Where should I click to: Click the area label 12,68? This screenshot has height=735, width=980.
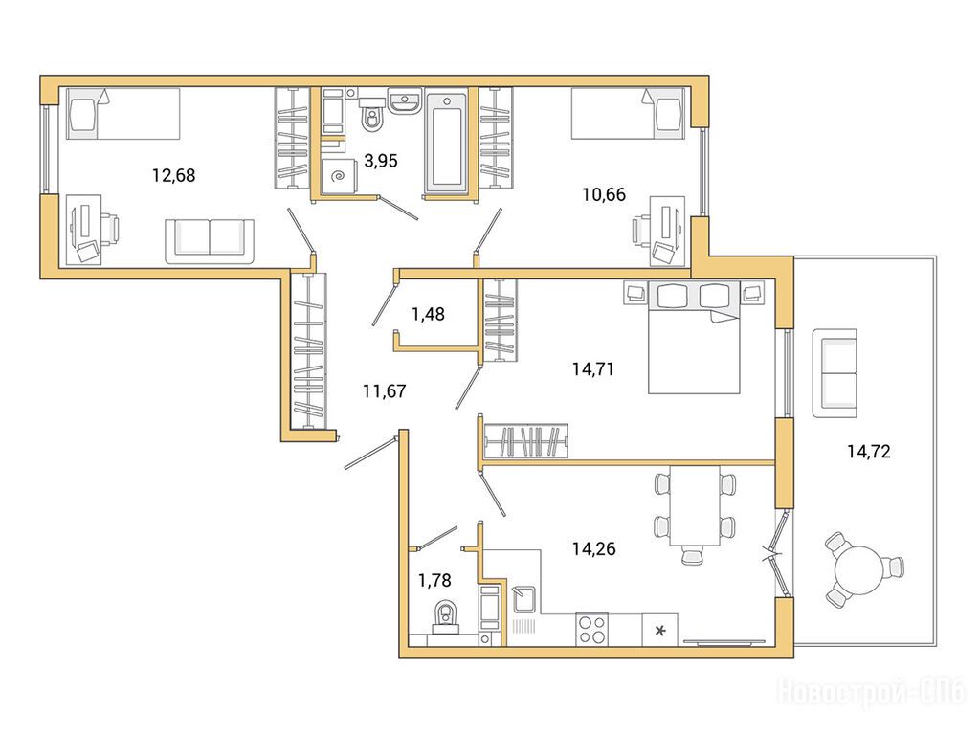point(174,176)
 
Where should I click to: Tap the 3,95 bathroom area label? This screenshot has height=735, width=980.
point(381,161)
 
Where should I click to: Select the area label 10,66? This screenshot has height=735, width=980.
point(604,195)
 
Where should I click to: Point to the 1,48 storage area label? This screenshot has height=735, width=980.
point(428,314)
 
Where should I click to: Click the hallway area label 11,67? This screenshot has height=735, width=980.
point(385,391)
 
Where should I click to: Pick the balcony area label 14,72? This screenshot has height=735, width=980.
point(869,452)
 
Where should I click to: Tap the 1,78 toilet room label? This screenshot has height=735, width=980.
point(434,581)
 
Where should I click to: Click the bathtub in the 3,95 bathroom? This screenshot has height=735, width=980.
point(447,143)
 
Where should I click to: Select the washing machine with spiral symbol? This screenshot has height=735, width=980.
point(341,177)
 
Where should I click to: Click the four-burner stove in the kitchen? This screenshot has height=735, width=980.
point(591,630)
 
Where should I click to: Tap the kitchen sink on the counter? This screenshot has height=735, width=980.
point(523,600)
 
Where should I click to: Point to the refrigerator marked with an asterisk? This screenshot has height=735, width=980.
point(660,630)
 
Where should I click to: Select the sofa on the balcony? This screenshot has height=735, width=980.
point(835,373)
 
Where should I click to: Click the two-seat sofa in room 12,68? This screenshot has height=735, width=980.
point(210,241)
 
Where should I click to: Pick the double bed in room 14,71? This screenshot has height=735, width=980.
point(694,338)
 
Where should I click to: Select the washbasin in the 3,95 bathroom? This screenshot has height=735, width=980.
point(406,100)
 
